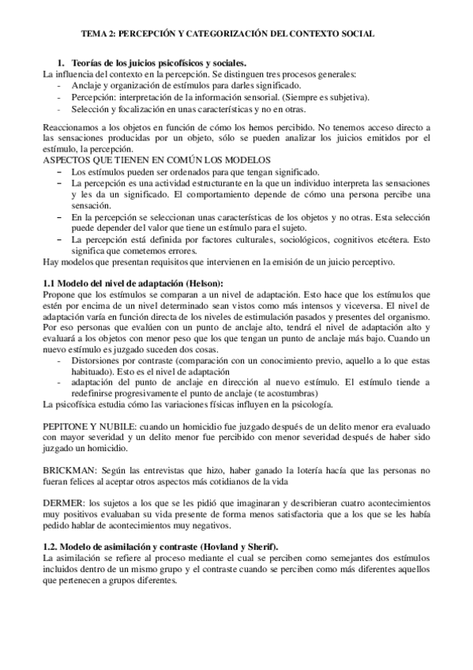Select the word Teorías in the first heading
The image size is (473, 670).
85,62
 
